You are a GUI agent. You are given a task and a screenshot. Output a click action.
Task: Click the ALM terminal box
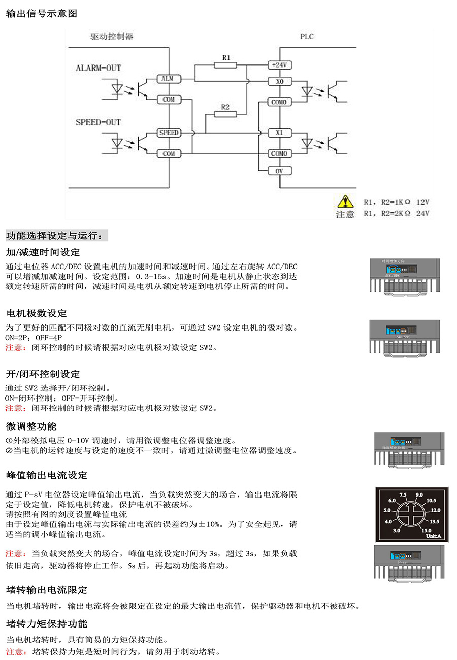tap(168, 79)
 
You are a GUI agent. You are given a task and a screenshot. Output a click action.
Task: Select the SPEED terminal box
tap(169, 133)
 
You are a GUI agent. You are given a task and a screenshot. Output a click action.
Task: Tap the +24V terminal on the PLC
tap(279, 65)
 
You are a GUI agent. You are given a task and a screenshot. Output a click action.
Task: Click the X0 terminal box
tap(279, 81)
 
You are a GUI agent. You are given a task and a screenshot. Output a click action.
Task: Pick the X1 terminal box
tap(279, 133)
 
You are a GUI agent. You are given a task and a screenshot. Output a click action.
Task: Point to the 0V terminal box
tap(279, 171)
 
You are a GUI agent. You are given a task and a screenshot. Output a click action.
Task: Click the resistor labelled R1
tap(226, 64)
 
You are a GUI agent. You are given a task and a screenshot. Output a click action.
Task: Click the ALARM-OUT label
tap(99, 68)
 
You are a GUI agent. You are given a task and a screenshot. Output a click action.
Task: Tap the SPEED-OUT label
tap(99, 122)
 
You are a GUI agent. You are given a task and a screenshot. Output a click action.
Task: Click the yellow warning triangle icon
tap(345, 202)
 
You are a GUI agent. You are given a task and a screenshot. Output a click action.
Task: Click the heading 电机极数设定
tap(36, 313)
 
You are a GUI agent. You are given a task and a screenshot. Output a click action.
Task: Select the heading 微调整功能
tap(31, 426)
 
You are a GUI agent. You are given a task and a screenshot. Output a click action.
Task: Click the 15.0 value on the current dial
tap(426, 530)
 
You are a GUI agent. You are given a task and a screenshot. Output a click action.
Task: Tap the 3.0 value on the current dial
tap(397, 530)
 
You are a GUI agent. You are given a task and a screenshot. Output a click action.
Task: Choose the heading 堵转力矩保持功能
tap(47, 624)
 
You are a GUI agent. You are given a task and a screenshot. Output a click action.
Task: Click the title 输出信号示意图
tap(41, 14)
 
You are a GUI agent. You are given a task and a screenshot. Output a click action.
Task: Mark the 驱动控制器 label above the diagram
tap(112, 37)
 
